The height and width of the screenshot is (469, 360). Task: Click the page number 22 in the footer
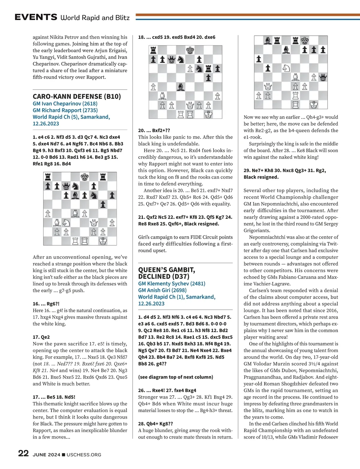coord(23,453)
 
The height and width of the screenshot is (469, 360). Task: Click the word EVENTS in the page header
coord(36,17)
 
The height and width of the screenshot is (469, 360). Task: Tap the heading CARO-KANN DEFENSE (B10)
coord(77,96)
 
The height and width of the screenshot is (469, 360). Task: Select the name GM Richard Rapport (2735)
coord(65,110)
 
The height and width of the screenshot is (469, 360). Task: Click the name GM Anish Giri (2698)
coord(162,290)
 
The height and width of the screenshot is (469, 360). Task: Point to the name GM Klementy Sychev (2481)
coord(172,283)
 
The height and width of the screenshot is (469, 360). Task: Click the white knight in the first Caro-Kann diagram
coord(66,223)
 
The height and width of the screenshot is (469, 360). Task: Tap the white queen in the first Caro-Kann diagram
coord(94,223)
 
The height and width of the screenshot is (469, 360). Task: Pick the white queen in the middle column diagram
coord(190,105)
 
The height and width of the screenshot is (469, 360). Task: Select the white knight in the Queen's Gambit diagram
coord(286,68)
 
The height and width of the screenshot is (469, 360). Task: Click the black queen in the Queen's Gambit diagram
coord(323,77)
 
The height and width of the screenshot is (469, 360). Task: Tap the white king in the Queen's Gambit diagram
coord(313,105)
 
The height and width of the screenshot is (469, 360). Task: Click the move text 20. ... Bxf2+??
coord(154,130)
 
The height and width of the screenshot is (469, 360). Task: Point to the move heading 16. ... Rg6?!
coord(46,304)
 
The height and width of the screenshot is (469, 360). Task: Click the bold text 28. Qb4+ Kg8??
coord(155,424)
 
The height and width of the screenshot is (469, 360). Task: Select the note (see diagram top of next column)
coord(175,377)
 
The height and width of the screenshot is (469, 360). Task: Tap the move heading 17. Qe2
coord(41,337)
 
